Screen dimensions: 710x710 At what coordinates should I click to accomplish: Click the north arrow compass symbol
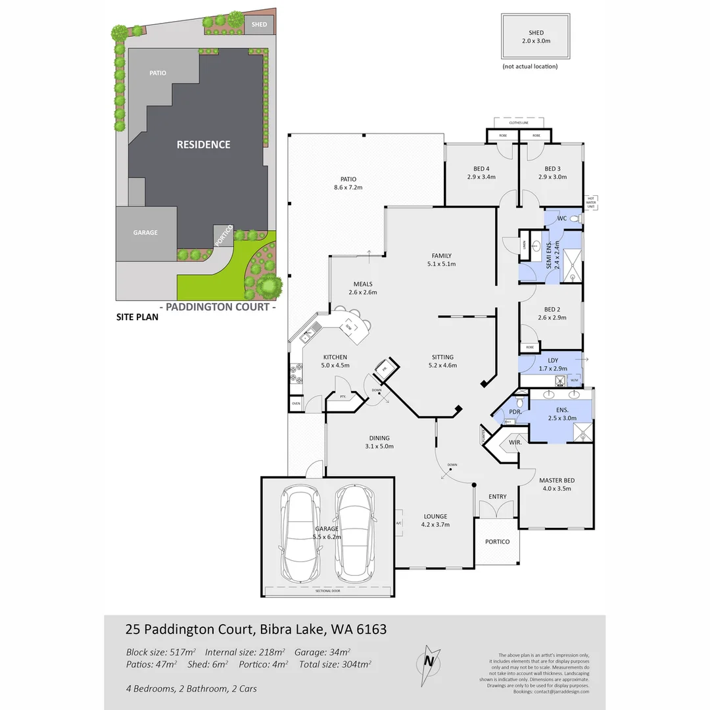[430, 659]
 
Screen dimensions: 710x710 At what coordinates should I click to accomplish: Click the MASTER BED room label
[556, 484]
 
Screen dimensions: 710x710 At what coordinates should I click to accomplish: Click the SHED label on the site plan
[259, 26]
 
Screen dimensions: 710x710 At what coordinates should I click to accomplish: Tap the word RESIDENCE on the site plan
[203, 145]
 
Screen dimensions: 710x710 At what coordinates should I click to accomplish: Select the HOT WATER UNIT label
[592, 202]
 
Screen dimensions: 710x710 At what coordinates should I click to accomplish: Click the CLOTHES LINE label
[519, 123]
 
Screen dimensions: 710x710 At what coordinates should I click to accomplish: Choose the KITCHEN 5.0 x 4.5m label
[335, 361]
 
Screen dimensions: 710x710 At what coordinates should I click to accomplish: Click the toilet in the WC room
[576, 219]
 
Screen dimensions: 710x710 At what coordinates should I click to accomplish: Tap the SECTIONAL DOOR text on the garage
[327, 591]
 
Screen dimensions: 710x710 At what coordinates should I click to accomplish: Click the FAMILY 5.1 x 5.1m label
[441, 260]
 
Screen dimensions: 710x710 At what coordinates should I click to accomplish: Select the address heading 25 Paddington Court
[256, 629]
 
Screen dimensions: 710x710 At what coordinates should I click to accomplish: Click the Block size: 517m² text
[161, 653]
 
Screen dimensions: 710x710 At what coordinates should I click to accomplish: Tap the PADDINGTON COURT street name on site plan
[218, 307]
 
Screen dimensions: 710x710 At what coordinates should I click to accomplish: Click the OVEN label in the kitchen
[296, 404]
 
